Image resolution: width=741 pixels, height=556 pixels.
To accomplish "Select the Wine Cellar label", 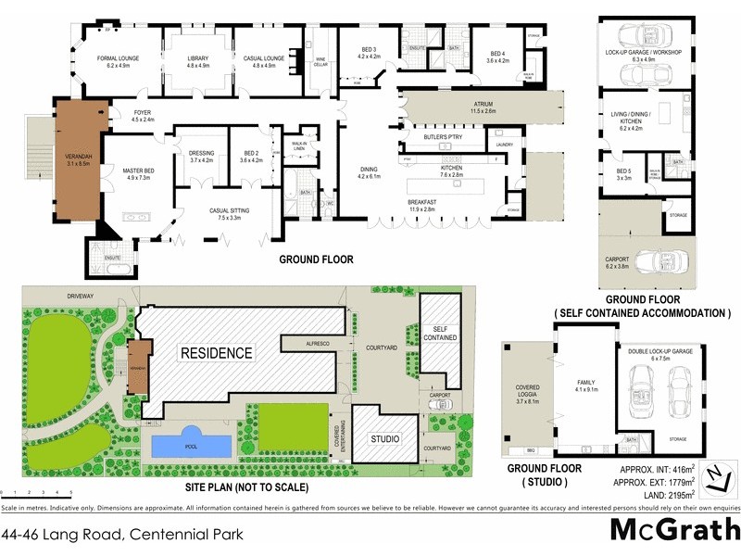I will [321, 60].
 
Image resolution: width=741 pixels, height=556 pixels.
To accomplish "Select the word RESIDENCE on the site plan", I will [216, 353].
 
